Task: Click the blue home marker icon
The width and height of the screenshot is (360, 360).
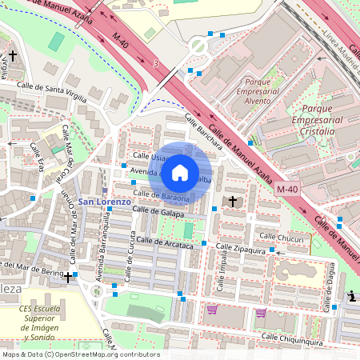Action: point(180,173)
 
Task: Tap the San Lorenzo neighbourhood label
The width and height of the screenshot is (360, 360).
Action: point(104,202)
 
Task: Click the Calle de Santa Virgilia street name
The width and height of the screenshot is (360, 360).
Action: point(54,89)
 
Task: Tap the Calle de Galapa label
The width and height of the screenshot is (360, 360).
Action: point(158,211)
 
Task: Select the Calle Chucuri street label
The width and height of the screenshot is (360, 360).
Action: point(278,237)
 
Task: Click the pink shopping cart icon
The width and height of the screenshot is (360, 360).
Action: point(212,310)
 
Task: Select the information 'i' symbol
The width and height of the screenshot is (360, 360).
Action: point(352,297)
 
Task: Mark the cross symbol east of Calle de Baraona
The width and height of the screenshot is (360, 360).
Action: point(233,200)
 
